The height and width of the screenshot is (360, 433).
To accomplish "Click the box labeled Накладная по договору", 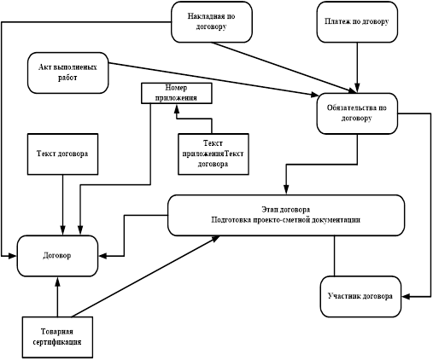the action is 212,22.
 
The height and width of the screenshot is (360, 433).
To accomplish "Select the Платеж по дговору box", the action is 357,22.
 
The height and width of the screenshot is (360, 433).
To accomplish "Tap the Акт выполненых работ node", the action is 68,73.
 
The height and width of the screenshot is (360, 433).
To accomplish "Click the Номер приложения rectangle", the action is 177,93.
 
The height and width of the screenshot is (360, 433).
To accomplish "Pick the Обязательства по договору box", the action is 357,113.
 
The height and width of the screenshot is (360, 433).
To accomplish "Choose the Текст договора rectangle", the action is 62,154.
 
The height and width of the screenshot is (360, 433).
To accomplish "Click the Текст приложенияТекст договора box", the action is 214,154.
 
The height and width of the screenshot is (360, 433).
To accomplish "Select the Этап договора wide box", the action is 286,215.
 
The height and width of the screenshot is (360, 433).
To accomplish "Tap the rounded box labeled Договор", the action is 57,256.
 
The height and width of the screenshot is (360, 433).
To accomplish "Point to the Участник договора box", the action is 360,297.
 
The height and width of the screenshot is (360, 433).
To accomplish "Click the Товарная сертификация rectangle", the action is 57,337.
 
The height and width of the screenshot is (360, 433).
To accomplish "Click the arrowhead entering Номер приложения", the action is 177,108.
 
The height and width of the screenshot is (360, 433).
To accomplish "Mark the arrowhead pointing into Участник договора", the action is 406,297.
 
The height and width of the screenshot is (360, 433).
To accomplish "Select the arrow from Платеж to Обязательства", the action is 357,67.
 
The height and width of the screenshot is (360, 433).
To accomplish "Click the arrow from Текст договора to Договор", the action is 62,205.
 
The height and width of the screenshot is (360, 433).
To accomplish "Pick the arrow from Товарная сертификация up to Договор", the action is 57,297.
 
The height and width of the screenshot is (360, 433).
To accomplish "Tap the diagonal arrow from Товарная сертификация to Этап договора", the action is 146,276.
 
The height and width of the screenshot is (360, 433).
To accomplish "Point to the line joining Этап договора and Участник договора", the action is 335,256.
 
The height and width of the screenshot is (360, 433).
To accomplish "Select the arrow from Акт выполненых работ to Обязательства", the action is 214,79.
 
